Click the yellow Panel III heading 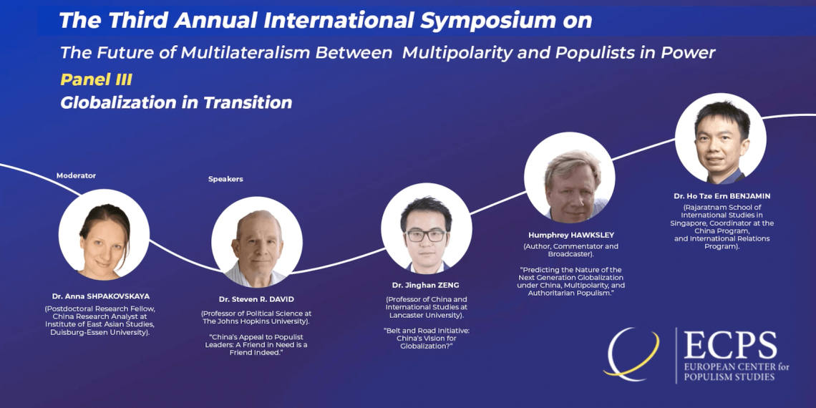(96, 79)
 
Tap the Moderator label (76, 176)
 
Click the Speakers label (226, 179)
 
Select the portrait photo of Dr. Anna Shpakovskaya (104, 235)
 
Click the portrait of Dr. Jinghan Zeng (427, 228)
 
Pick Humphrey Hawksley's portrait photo (569, 178)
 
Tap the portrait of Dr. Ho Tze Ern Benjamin (721, 138)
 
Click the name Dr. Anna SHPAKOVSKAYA (101, 296)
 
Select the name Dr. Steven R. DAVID (256, 300)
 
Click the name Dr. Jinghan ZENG (426, 286)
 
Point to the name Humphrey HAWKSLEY (571, 235)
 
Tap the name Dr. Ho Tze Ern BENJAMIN (722, 196)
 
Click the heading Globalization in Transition (176, 102)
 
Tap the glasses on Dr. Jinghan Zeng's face (426, 235)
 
